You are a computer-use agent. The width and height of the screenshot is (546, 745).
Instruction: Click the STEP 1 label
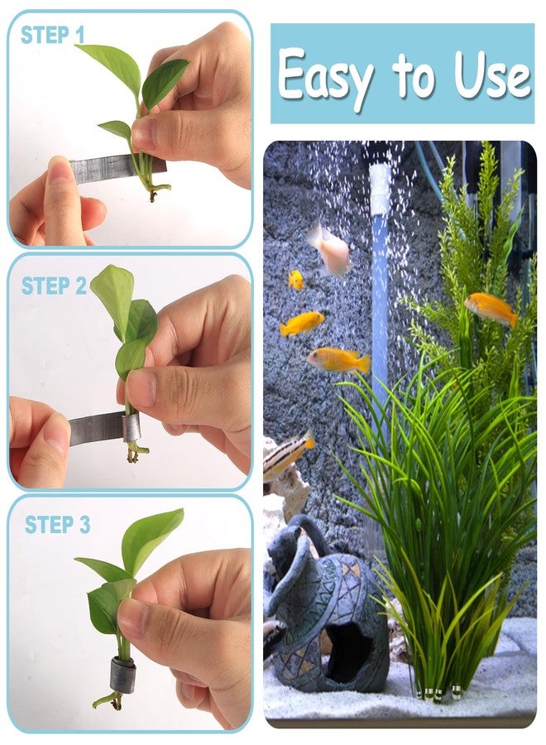pos(52,36)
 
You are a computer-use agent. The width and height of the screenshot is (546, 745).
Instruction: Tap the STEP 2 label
pos(54,286)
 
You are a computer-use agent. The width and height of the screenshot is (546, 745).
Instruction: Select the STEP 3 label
pos(57,525)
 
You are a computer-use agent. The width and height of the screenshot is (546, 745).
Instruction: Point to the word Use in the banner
pos(492,74)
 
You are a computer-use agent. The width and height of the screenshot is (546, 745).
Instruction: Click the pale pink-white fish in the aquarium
pos(329,250)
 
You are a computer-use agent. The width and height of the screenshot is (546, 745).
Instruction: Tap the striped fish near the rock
pos(288,454)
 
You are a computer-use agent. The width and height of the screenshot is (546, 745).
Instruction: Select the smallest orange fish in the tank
pos(296,280)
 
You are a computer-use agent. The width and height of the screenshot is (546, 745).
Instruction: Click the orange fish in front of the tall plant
pos(491,309)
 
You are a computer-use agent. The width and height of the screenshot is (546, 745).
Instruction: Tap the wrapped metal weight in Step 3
pos(123,674)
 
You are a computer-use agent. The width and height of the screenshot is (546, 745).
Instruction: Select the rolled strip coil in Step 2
pos(132,427)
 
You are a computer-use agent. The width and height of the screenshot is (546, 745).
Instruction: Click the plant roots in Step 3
pos(109,700)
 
